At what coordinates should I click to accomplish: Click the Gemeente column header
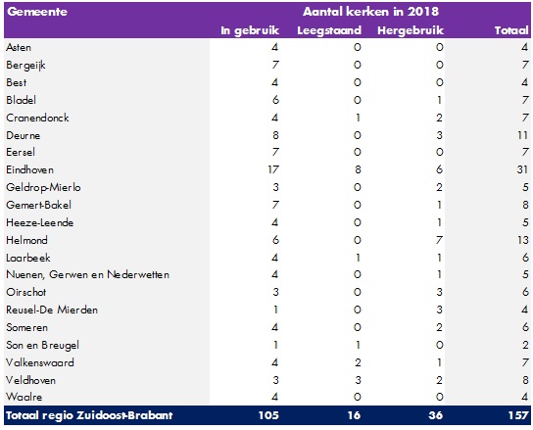point(37,12)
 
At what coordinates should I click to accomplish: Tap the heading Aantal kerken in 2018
point(370,12)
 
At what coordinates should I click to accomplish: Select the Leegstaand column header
point(329,30)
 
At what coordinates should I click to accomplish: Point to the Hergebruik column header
point(411,30)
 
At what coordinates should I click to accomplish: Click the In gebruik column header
point(250,30)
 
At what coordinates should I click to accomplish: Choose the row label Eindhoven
point(30,169)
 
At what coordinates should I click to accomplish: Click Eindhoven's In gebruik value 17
point(273,169)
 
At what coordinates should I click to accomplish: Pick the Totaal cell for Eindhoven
point(522,169)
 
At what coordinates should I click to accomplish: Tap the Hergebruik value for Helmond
point(439,240)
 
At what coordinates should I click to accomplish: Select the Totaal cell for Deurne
point(522,135)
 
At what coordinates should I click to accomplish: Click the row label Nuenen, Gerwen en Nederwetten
point(88,274)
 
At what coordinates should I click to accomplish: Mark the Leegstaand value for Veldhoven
point(358,380)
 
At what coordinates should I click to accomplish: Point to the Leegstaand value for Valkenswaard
point(358,362)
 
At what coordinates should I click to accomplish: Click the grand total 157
point(518,415)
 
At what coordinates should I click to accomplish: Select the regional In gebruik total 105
point(268,415)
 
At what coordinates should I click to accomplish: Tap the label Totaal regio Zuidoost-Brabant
point(89,415)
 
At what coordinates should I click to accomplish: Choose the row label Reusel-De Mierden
point(52,310)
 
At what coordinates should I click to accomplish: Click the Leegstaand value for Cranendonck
point(358,118)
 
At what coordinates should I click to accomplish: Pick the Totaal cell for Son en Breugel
point(525,345)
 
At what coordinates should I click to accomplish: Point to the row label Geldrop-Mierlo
point(43,187)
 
